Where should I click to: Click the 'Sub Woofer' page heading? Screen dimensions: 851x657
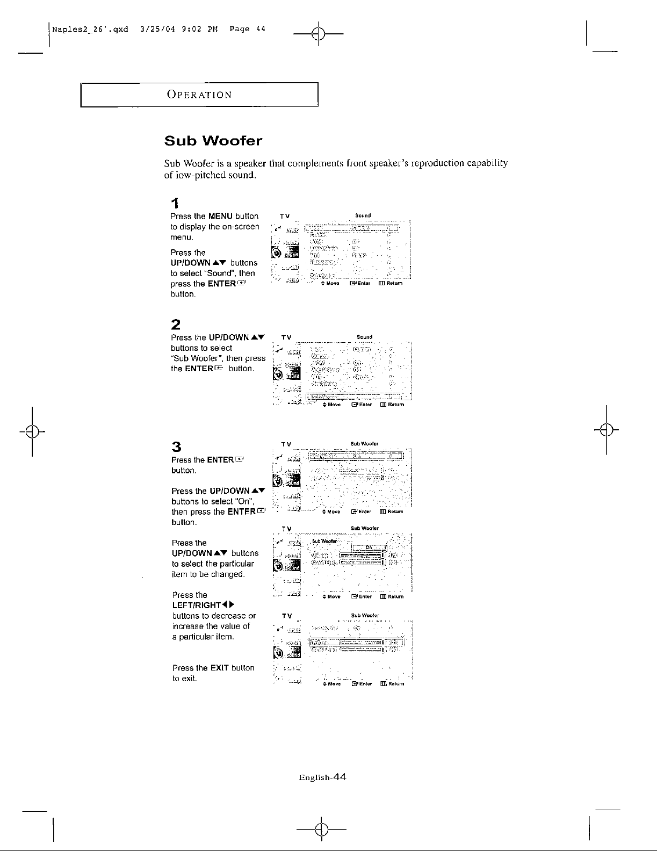click(213, 141)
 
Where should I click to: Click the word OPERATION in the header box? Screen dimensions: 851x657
click(199, 95)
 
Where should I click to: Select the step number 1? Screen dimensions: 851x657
click(174, 203)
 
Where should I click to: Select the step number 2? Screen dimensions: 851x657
click(175, 324)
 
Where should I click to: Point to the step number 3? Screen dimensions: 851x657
click(176, 446)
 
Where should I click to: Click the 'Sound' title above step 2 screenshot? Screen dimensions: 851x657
click(365, 337)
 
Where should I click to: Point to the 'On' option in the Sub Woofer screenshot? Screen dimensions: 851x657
click(369, 547)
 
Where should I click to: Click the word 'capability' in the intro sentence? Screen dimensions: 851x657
click(487, 163)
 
